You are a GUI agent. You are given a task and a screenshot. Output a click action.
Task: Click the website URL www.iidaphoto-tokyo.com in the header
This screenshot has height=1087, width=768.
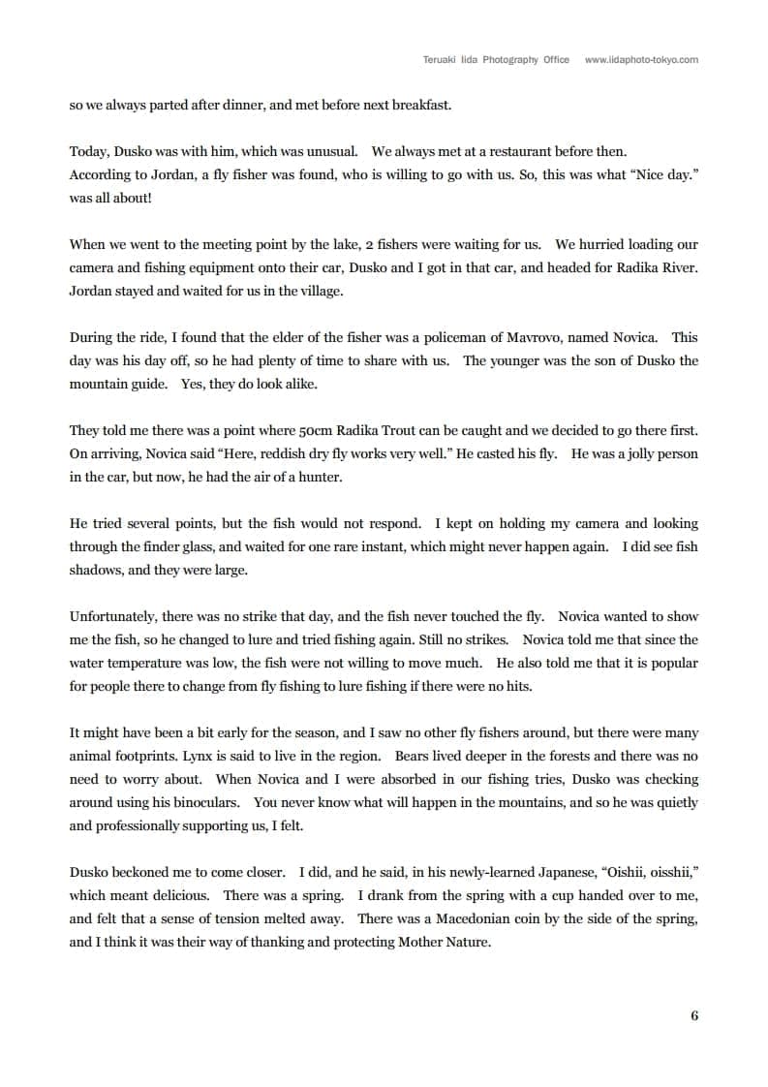641,60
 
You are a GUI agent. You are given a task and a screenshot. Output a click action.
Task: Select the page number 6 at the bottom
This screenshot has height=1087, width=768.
693,1015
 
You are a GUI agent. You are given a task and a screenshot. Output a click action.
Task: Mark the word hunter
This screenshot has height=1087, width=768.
315,477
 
